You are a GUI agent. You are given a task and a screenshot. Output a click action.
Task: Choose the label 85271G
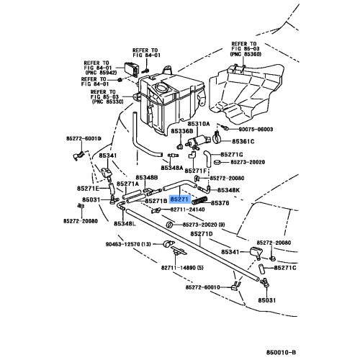232,154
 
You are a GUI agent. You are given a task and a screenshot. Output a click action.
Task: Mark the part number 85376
218,203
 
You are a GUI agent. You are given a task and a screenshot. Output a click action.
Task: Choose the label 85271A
127,184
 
